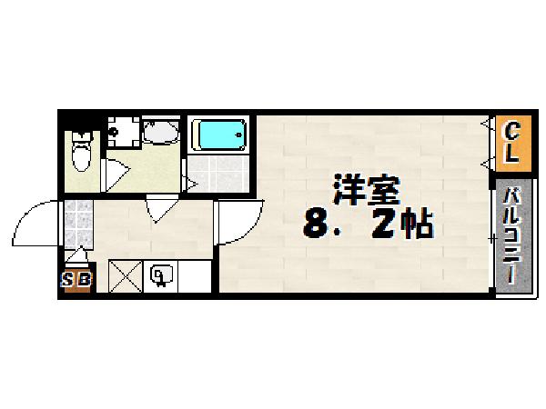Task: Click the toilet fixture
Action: [82, 153]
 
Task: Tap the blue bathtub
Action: [220, 137]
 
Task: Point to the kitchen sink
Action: [162, 275]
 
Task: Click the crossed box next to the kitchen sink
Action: [125, 275]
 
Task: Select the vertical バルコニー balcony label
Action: [512, 234]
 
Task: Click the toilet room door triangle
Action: [114, 173]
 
